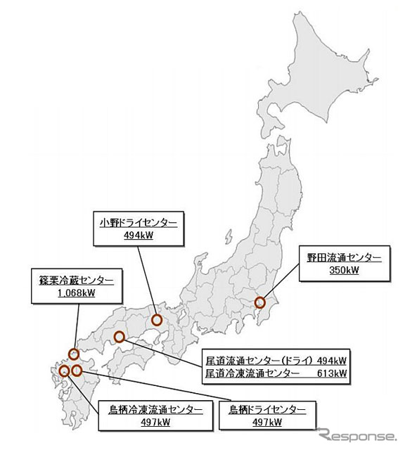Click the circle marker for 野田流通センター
(x=260, y=303)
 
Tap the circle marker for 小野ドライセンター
(x=157, y=321)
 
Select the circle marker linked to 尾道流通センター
(x=120, y=337)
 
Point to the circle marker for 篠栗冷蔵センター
(x=74, y=354)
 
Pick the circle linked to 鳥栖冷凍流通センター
(x=65, y=371)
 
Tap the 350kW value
(x=340, y=270)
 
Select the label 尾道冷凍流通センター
(x=251, y=373)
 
